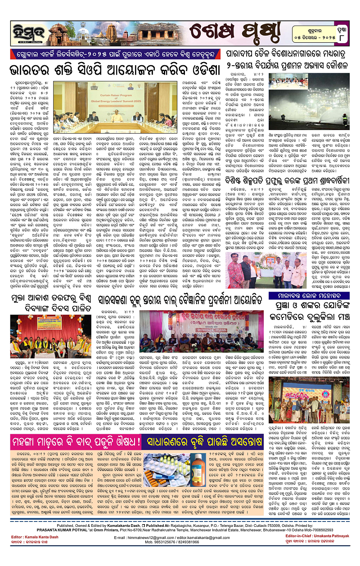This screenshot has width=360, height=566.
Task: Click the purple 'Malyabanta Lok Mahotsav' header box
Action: coord(314,296)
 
